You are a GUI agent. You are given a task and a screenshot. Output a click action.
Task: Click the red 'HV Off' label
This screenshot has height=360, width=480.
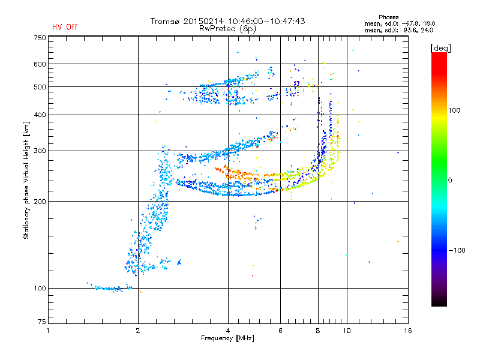pos(65,27)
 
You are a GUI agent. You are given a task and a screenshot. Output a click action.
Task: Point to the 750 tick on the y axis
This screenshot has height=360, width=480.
pos(40,38)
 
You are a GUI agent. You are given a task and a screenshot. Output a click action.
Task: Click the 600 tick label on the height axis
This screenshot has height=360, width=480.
pos(40,64)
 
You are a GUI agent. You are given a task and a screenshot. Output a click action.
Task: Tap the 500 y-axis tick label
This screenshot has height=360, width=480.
pos(40,87)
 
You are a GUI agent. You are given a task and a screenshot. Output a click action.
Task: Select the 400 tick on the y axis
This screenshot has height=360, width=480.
pos(40,115)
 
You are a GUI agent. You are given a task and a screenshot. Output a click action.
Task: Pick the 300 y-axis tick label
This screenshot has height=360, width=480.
pos(40,151)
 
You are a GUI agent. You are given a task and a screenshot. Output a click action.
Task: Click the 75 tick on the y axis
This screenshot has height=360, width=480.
pos(41,322)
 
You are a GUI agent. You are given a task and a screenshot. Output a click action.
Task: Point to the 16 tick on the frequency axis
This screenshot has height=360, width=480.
pos(408,331)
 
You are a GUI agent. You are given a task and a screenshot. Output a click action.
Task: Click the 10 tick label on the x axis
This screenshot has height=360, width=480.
pos(347,331)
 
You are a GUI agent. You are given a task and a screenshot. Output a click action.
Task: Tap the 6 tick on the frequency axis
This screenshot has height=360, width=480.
pos(281,331)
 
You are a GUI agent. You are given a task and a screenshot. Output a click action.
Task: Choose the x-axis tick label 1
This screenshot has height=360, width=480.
pos(48,331)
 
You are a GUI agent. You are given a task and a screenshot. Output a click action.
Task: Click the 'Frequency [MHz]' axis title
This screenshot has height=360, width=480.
pos(228,339)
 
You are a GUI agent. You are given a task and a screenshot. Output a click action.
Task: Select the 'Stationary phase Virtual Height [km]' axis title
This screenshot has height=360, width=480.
pos(26,180)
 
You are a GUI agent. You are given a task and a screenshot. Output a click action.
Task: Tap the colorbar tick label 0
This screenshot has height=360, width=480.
pos(451,181)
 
